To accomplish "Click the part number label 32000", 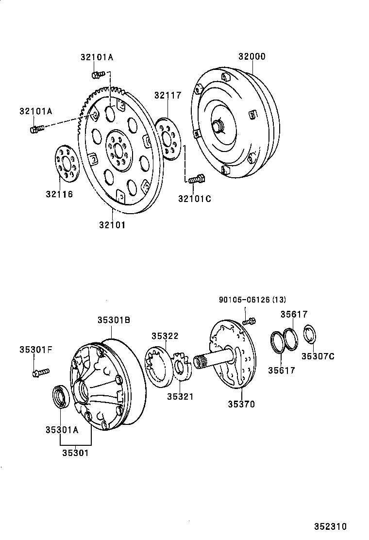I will coord(252,56).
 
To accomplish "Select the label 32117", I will coord(168,95).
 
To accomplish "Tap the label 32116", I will coord(59,194).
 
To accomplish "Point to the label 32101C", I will coord(194,198).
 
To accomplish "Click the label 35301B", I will coord(113,320).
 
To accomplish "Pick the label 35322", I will coord(165,336).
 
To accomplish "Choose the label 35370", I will coord(241,404).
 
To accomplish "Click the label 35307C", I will coord(318,356).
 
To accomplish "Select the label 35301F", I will coord(35,349).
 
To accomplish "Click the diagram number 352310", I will coord(330,526).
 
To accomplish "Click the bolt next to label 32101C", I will coord(196,180).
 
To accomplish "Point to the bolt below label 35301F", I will coord(40,372).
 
